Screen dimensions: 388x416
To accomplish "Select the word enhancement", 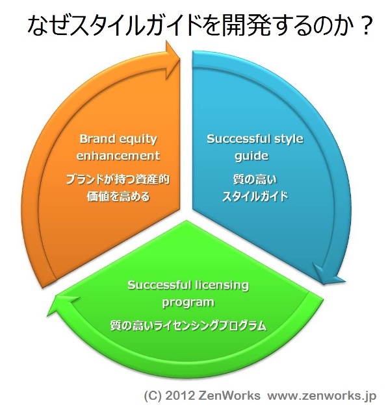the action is pyautogui.click(x=118, y=156).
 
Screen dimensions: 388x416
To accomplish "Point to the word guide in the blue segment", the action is pyautogui.click(x=252, y=156).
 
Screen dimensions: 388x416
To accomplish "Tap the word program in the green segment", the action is pyautogui.click(x=188, y=303).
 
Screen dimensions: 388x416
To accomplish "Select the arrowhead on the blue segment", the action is pyautogui.click(x=328, y=275).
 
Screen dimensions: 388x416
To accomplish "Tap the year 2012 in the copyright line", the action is pyautogui.click(x=180, y=396).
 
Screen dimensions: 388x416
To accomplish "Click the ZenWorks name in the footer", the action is pyautogui.click(x=229, y=396).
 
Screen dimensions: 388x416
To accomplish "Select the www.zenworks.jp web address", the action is pyautogui.click(x=322, y=396).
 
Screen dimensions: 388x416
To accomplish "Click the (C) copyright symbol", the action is pyautogui.click(x=153, y=396).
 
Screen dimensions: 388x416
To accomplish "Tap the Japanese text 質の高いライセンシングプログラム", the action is pyautogui.click(x=188, y=326).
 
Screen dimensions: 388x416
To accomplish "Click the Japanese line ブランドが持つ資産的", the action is pyautogui.click(x=118, y=180).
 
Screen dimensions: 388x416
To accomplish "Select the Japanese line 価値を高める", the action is pyautogui.click(x=118, y=197).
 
